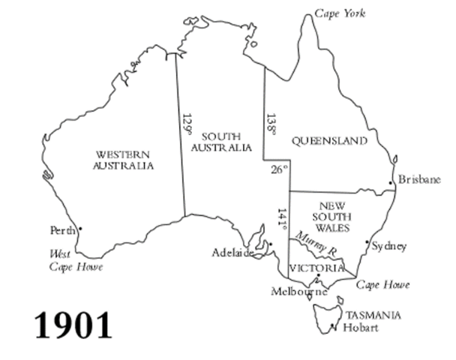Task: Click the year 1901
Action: point(73,325)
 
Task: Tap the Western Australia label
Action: point(124,160)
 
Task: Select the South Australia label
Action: point(221,142)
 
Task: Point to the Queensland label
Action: point(329,141)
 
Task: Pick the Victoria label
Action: point(316,268)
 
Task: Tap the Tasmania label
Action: point(373,316)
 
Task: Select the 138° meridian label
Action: point(271,125)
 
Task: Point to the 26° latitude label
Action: point(279,170)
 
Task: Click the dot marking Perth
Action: point(80,228)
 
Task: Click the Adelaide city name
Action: point(232,253)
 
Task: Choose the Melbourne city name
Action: point(299,291)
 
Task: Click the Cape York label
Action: point(340,13)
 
